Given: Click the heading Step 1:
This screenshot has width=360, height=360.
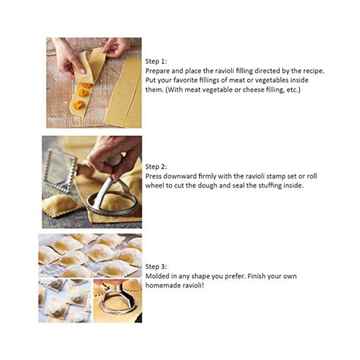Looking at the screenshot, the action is (156, 61).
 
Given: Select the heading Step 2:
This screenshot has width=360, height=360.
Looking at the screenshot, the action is (156, 167).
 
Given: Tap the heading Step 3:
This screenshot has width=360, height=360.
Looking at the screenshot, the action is (156, 267).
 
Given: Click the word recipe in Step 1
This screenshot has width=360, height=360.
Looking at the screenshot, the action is (313, 71).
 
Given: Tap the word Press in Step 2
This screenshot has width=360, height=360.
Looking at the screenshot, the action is (153, 176).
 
